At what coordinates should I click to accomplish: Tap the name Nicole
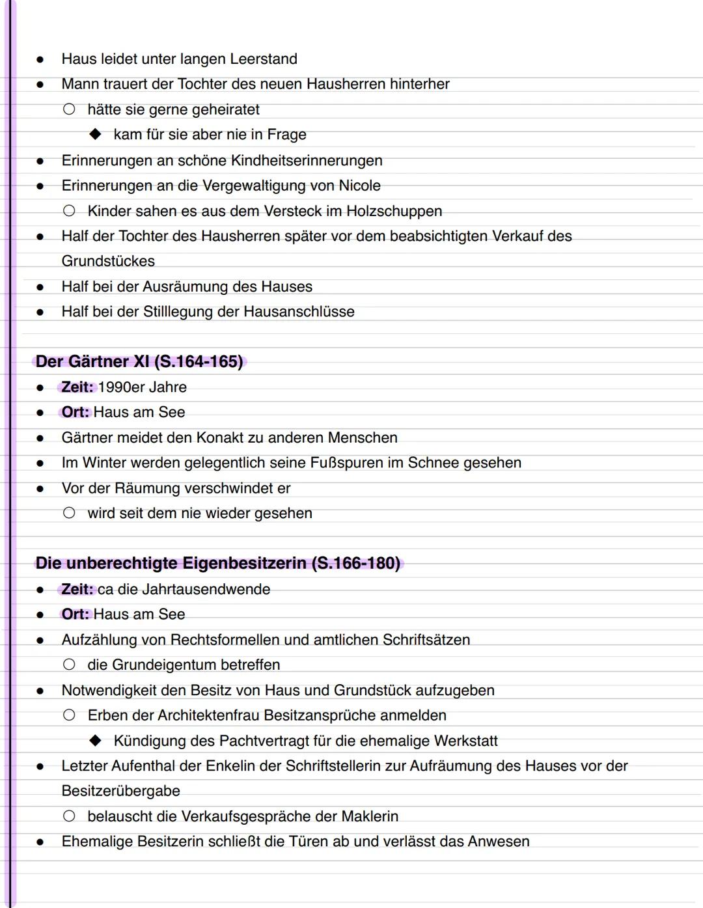359,186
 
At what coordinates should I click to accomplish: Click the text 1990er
121,387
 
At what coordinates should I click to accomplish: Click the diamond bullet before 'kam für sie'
96,135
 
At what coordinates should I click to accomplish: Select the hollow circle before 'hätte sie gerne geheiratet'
69,109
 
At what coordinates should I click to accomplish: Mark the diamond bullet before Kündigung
96,741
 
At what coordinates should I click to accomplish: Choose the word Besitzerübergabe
120,791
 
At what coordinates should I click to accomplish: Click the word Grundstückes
108,262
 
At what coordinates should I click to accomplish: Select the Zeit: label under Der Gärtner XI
77,387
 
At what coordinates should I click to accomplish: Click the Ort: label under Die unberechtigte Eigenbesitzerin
75,614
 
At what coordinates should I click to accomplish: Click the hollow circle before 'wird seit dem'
69,514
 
